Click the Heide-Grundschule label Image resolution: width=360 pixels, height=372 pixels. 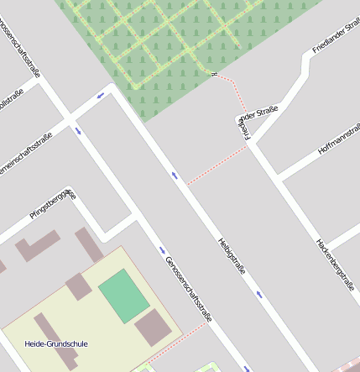point(56,343)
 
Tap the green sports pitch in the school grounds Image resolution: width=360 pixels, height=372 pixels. point(124,295)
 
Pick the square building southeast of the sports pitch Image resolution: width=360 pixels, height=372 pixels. point(153,327)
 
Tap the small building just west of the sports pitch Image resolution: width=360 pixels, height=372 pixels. point(78,286)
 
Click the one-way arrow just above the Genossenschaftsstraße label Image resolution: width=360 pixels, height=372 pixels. point(163,249)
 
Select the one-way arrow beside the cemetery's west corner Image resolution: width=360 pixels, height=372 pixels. point(101,94)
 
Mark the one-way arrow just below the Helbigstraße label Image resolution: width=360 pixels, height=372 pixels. point(259,294)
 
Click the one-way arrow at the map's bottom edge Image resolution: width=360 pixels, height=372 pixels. point(246,368)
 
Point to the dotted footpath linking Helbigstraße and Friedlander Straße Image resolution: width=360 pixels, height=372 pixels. point(215,165)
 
